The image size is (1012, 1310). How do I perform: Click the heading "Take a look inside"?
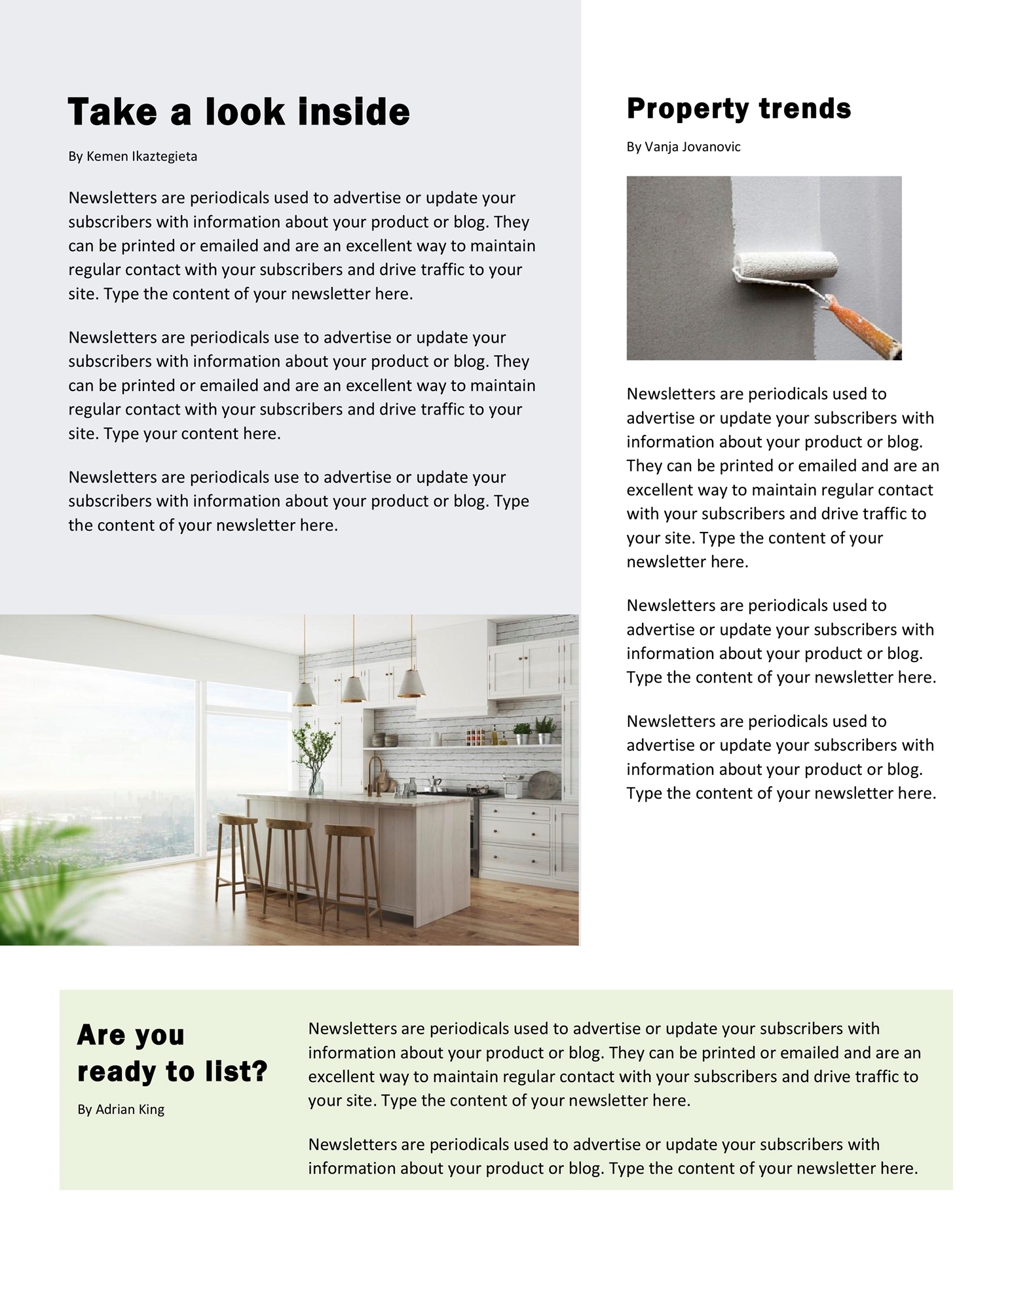(x=238, y=111)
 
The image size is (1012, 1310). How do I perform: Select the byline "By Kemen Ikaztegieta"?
(x=132, y=157)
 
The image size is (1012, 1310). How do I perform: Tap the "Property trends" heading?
(x=738, y=109)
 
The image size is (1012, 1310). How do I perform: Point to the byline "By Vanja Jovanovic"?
(x=683, y=147)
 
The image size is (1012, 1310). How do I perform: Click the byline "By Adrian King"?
(x=121, y=1109)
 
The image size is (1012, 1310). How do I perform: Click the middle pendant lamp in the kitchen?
(x=354, y=688)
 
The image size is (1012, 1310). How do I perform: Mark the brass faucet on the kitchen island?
(x=376, y=773)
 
